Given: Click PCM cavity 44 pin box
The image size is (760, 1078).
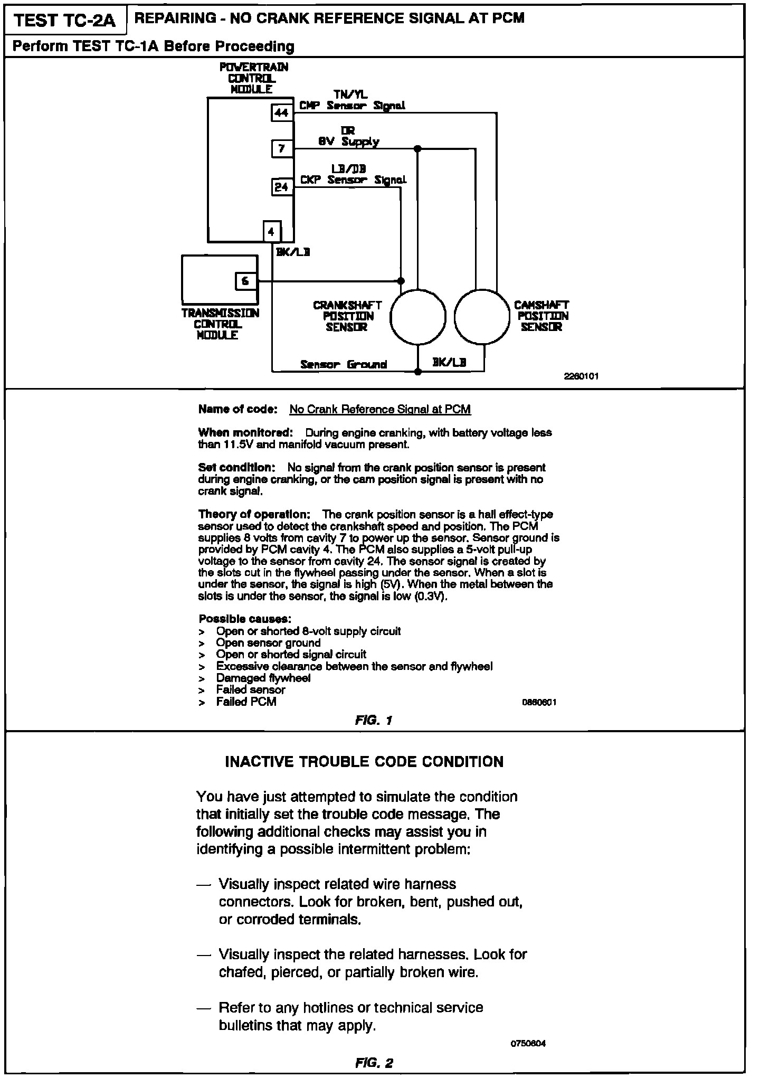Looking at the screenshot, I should click(282, 112).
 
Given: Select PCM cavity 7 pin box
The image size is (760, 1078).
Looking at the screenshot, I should click(282, 148).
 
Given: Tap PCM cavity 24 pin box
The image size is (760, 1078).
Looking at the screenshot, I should click(282, 187).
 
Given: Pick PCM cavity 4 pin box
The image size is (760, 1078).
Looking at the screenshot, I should click(271, 231).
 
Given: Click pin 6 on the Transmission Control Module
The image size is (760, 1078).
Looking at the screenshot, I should click(245, 281).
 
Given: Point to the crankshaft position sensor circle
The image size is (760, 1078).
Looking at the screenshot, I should click(417, 317).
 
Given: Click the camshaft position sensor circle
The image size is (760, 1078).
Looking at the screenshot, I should click(481, 317).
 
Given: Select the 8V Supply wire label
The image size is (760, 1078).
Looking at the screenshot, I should click(348, 141).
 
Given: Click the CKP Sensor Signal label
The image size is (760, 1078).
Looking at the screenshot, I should click(353, 180).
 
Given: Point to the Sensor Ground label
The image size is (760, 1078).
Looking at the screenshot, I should click(344, 364).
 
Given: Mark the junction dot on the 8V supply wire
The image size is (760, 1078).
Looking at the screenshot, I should click(417, 148).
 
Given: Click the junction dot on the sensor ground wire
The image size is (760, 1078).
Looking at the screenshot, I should click(417, 372).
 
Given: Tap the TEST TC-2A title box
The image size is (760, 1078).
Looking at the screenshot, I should click(64, 20).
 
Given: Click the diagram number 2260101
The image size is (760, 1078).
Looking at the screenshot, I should click(581, 376).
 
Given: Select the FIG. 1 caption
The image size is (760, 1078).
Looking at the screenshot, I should click(374, 720).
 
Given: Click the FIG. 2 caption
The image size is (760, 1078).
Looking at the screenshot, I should click(374, 1063).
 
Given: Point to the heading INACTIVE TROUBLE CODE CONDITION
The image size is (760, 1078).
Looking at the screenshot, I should click(364, 762).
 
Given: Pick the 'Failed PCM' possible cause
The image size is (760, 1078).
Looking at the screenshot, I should click(246, 702).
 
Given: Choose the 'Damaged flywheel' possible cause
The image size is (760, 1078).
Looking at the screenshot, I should click(263, 678).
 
